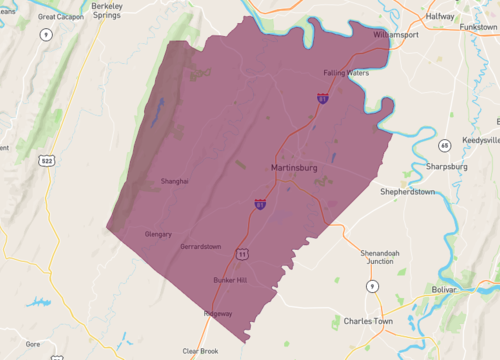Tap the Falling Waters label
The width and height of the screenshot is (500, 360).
pos(347,72)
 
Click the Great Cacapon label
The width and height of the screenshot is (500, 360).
pos(60,17)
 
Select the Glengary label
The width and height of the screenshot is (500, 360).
pos(158,233)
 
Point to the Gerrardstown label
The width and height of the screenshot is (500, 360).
pos(200,246)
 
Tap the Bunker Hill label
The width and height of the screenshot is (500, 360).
pos(231,280)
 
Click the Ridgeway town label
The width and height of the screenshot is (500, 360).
pos(218,313)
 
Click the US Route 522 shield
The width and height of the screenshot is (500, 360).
pos(46,159)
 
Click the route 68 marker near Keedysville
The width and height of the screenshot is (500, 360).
pos(444,145)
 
